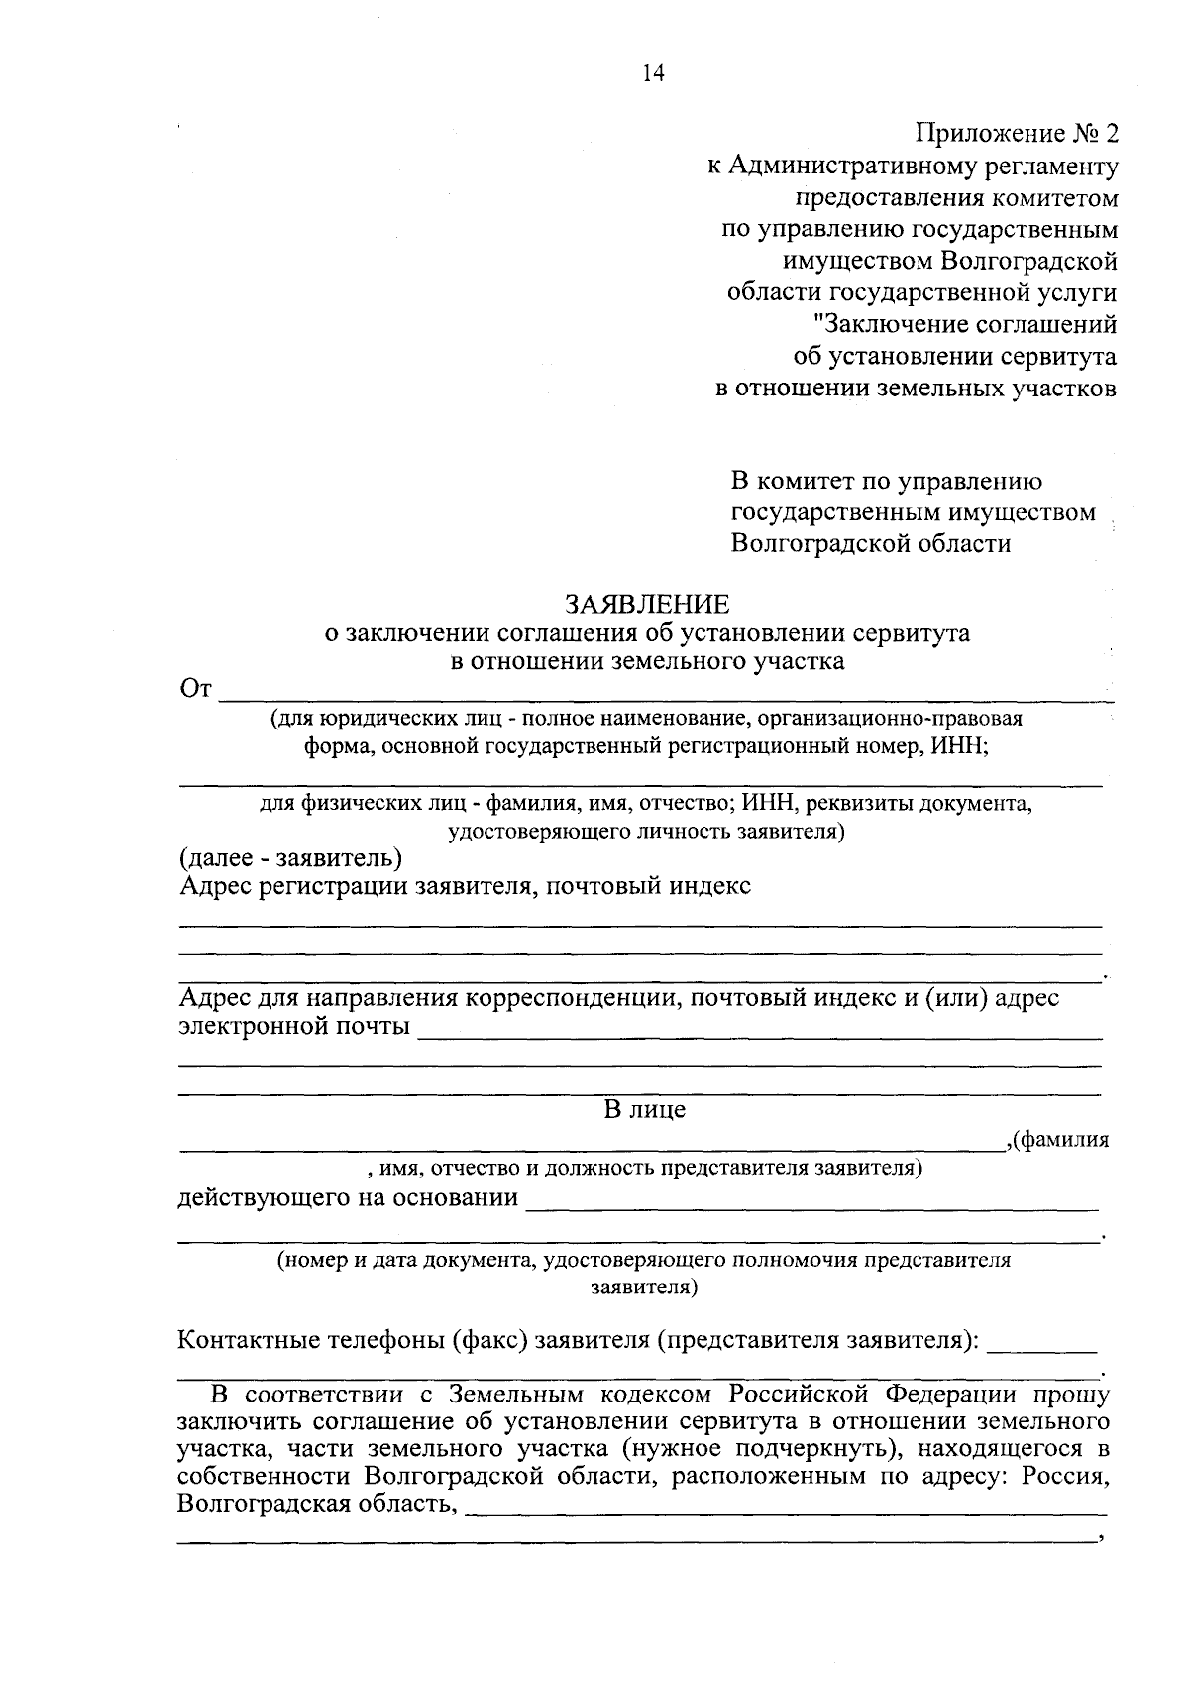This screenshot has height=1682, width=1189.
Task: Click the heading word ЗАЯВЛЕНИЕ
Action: point(647,605)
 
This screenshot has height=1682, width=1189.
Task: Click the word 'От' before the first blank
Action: point(195,689)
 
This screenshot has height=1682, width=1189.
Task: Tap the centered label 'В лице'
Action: point(645,1110)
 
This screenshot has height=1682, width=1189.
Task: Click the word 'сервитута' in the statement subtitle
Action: point(909,633)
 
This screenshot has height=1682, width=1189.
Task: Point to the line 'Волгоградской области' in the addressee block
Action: point(871,544)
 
